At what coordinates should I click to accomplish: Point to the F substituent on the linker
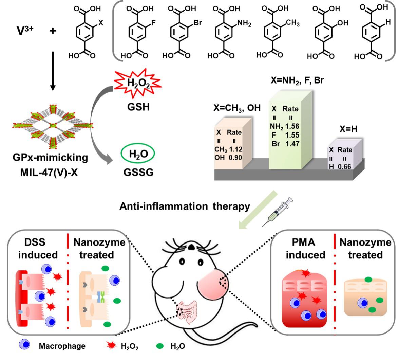152,23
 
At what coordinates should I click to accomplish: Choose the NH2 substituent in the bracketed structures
244,23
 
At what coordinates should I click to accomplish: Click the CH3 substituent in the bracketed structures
292,23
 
